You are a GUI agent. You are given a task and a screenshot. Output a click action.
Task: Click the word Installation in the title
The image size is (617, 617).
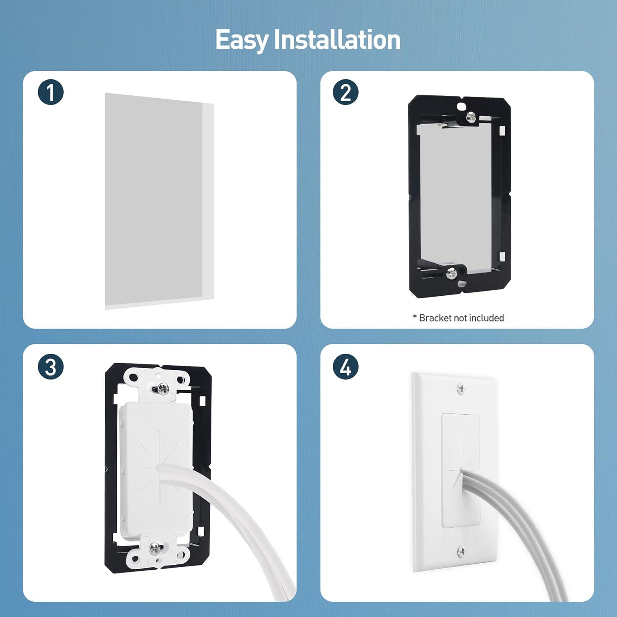[337, 39]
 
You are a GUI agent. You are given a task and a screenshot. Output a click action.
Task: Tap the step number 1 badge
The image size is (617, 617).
[51, 92]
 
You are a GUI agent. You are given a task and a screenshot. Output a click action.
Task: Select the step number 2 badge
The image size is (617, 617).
[346, 92]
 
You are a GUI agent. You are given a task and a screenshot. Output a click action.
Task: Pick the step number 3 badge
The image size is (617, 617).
[51, 366]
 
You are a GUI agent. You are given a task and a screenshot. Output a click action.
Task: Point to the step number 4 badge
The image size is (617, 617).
[346, 366]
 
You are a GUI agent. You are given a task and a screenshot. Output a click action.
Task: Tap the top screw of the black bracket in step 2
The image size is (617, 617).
[470, 118]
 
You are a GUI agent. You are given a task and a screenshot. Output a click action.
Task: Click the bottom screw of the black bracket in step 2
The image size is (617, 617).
[452, 272]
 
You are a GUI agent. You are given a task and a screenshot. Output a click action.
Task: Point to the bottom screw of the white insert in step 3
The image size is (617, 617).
[155, 548]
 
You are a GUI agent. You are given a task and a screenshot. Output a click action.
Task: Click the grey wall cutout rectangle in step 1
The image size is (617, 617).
[154, 199]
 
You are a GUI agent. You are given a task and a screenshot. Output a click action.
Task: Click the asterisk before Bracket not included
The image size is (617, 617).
[415, 316]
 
